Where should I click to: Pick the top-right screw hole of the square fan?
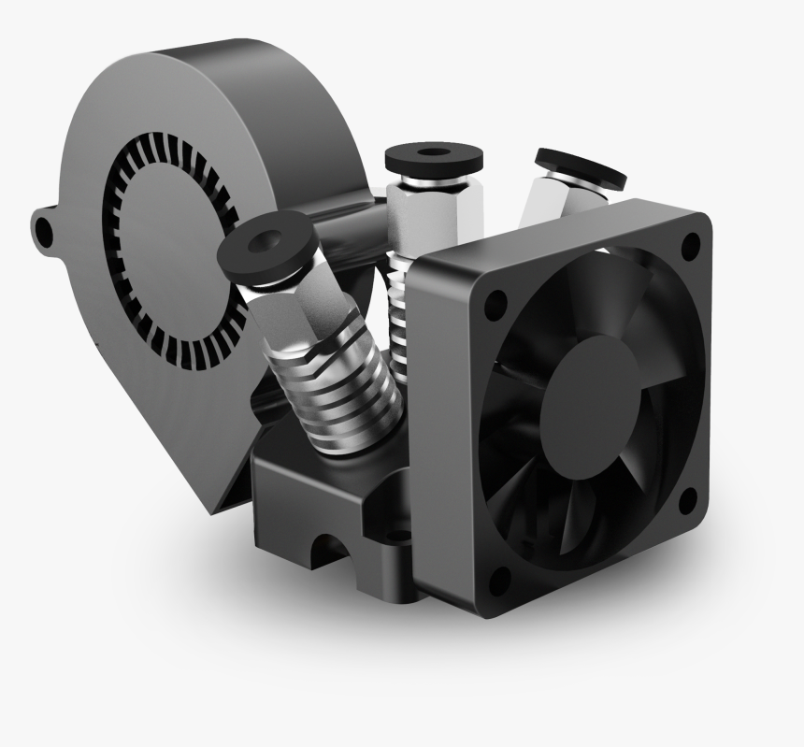tap(690, 246)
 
